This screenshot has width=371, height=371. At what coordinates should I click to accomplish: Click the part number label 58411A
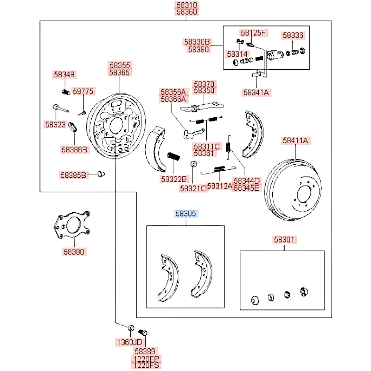coord(295,141)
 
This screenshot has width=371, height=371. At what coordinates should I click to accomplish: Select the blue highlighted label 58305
coord(187,214)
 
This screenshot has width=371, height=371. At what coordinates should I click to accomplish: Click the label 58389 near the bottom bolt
coord(146,351)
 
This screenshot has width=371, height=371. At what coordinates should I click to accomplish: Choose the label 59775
coord(83,91)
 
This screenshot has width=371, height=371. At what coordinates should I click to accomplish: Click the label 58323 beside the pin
coord(55,125)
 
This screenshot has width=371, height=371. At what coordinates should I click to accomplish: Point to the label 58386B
coord(75,150)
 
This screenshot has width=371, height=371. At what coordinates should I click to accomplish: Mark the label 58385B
coord(73,174)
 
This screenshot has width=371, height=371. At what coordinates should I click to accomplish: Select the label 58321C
coord(193,188)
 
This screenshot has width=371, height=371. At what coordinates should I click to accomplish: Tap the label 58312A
coord(220,186)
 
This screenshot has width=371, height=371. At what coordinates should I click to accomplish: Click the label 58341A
coord(256,92)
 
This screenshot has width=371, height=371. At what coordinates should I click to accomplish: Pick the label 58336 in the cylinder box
coord(293,36)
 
